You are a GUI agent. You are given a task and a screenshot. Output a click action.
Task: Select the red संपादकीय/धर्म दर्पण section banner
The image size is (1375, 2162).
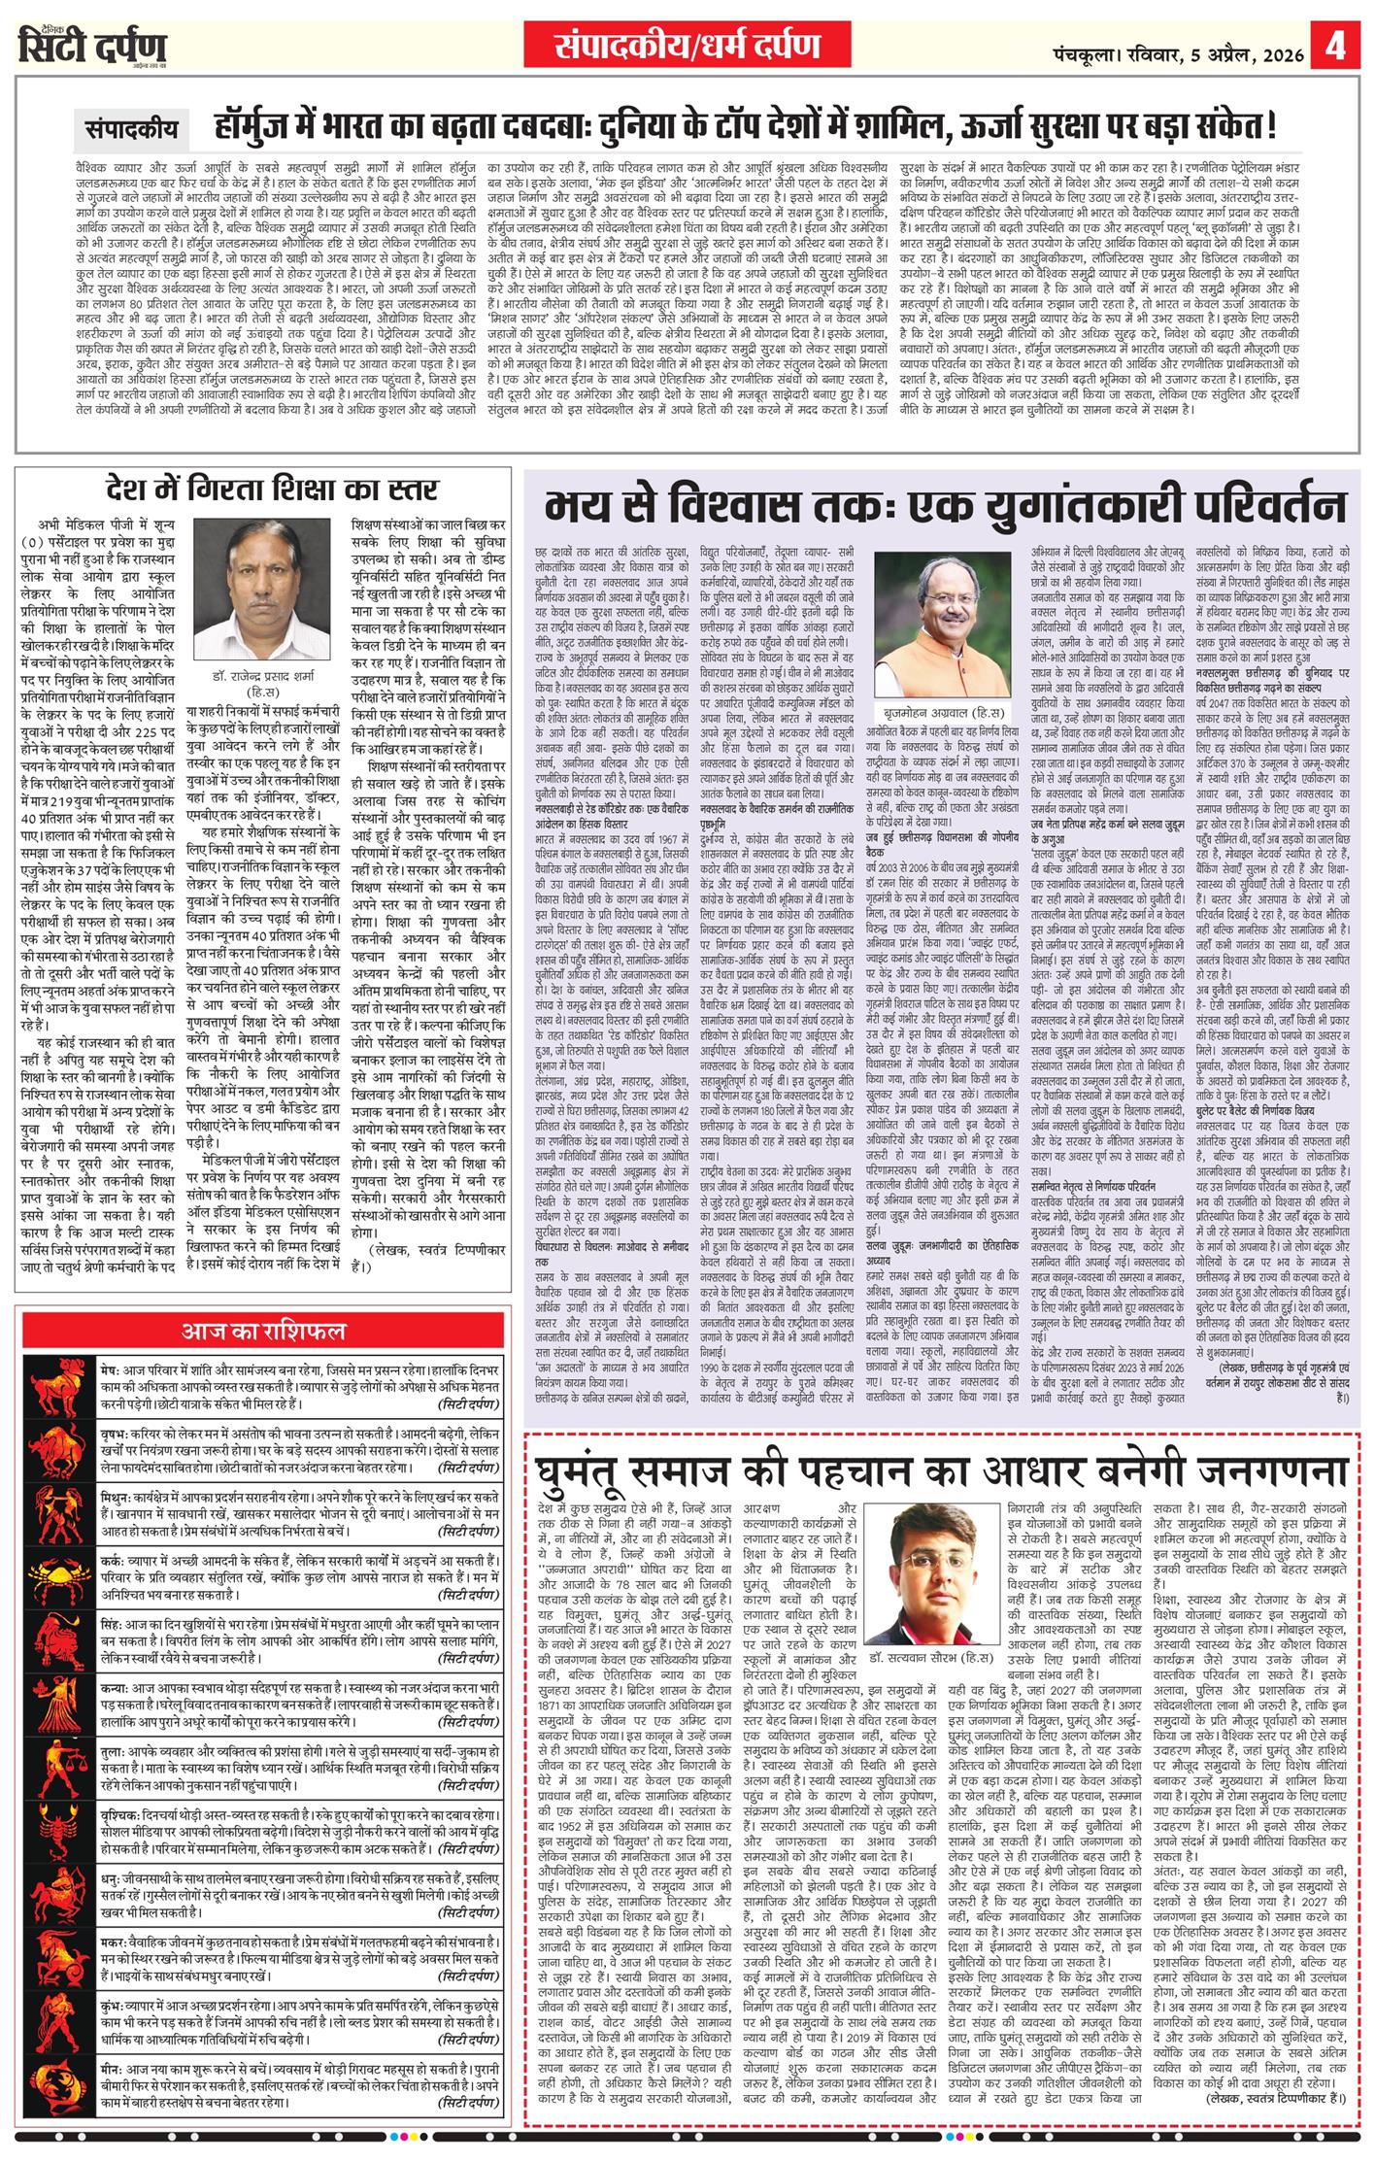[x=687, y=46]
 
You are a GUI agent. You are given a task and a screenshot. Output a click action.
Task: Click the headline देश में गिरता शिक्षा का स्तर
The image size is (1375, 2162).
[x=272, y=491]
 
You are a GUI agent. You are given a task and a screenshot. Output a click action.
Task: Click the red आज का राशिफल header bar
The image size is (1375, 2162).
[x=263, y=1330]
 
